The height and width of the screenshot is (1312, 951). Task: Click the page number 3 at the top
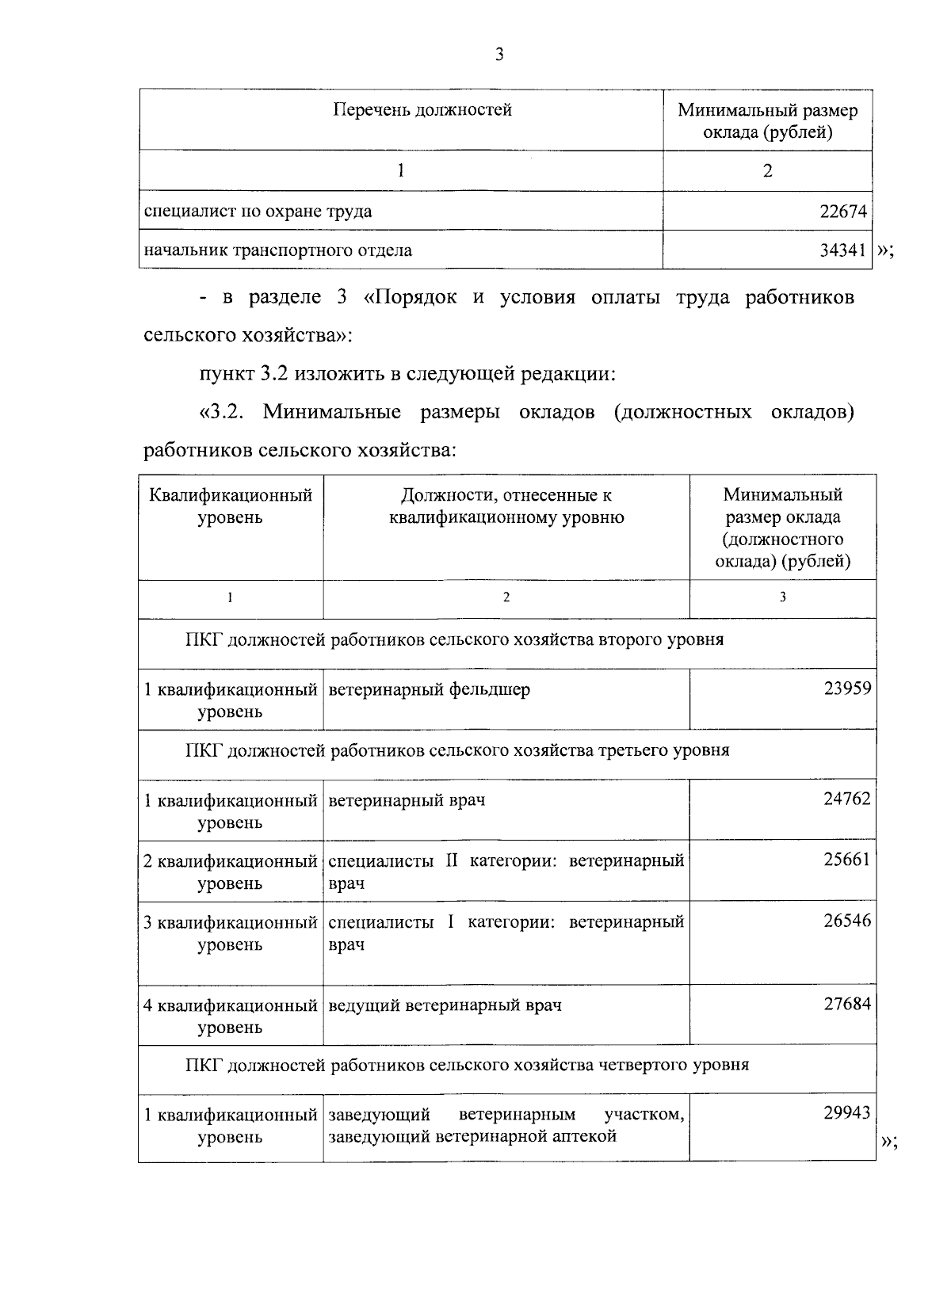[x=498, y=55]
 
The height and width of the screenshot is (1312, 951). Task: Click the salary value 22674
[x=843, y=212]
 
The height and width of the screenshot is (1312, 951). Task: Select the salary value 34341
[x=843, y=250]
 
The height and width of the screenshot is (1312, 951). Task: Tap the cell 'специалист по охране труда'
[x=258, y=212]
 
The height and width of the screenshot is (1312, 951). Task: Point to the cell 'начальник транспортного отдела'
[x=277, y=250]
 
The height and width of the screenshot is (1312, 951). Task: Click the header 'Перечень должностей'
[x=422, y=110]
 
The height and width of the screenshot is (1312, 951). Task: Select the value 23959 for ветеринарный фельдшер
[x=847, y=688]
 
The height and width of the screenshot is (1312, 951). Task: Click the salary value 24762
[x=847, y=799]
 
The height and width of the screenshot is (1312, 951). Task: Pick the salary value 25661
[x=847, y=860]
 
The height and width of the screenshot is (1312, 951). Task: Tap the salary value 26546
[x=847, y=921]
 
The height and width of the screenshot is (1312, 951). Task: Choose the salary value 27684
[x=847, y=1004]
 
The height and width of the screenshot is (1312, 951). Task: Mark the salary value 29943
[x=847, y=1113]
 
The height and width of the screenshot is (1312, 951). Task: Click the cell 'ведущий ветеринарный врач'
[x=445, y=1005]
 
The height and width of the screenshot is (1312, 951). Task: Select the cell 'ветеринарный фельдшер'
[x=429, y=689]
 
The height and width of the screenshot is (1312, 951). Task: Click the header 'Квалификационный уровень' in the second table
[x=231, y=507]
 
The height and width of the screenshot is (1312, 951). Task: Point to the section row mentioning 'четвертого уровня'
[x=467, y=1065]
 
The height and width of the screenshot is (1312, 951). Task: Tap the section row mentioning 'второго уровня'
[x=454, y=639]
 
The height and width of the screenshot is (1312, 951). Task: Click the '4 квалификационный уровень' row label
[x=230, y=1016]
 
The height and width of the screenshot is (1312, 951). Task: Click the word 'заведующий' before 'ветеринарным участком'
[x=379, y=1115]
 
